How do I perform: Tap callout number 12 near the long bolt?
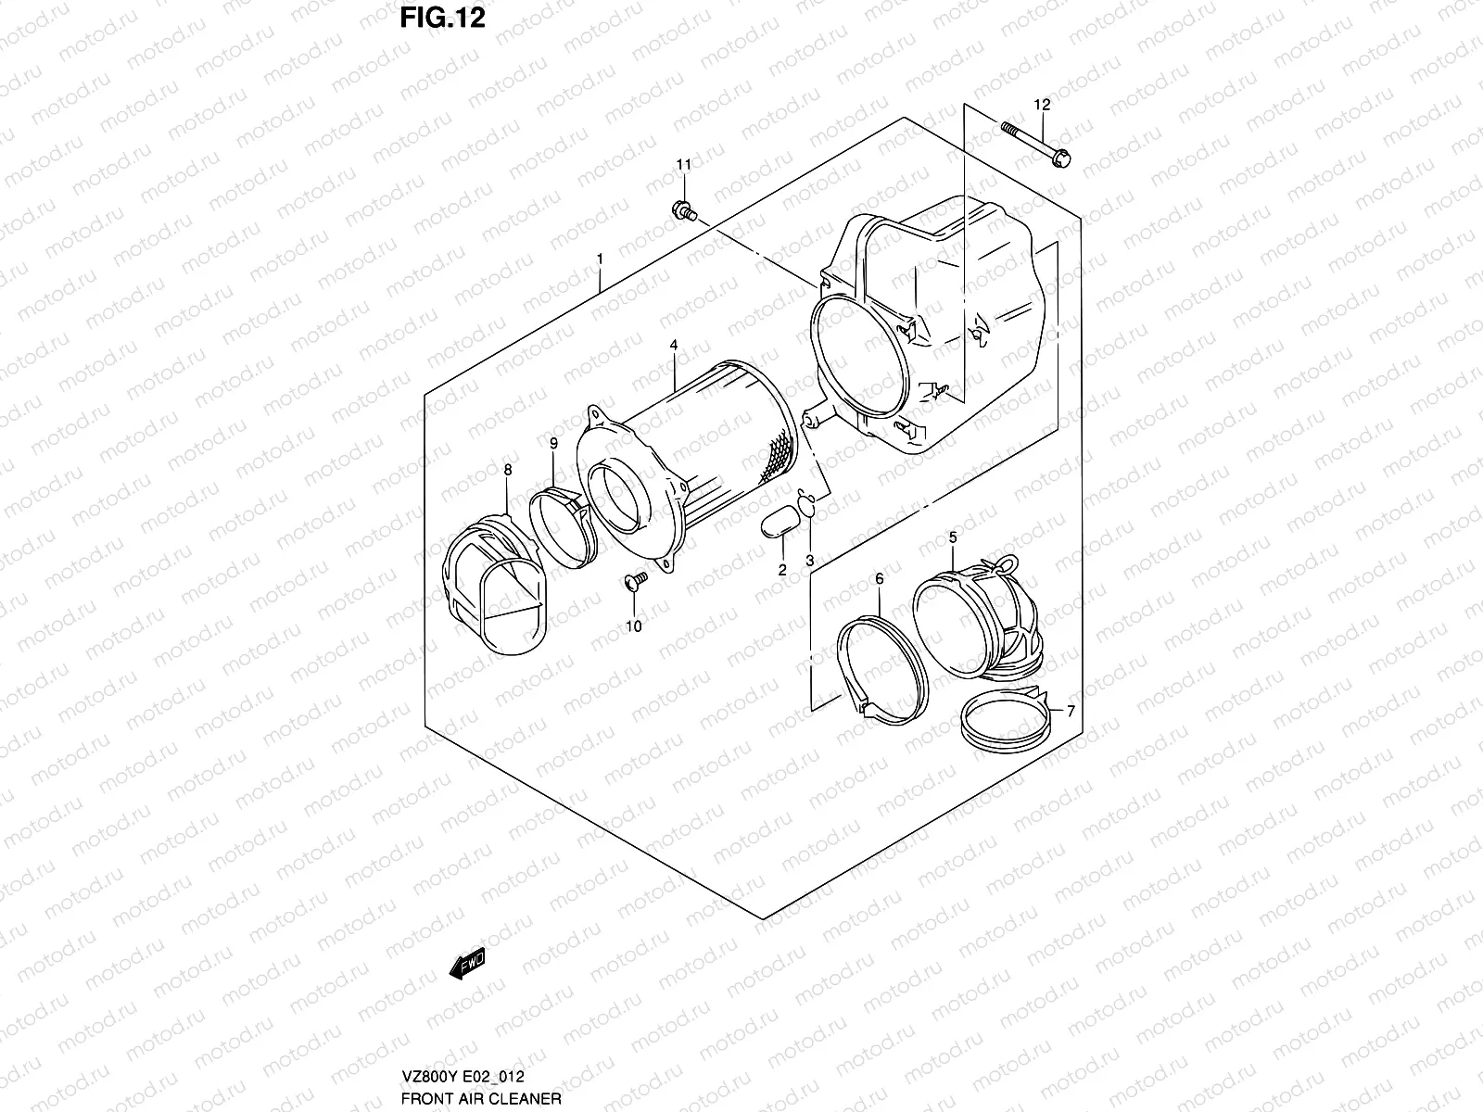(x=1043, y=105)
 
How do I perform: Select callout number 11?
(x=683, y=165)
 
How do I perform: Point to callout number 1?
(x=601, y=257)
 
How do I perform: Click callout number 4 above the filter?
(x=674, y=345)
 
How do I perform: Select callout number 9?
(x=552, y=444)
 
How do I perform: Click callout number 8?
(x=507, y=470)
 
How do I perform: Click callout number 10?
(x=633, y=626)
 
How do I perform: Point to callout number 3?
(x=809, y=561)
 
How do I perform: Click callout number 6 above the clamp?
(x=880, y=578)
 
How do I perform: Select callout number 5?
(x=952, y=537)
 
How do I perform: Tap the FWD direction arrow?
(x=465, y=965)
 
